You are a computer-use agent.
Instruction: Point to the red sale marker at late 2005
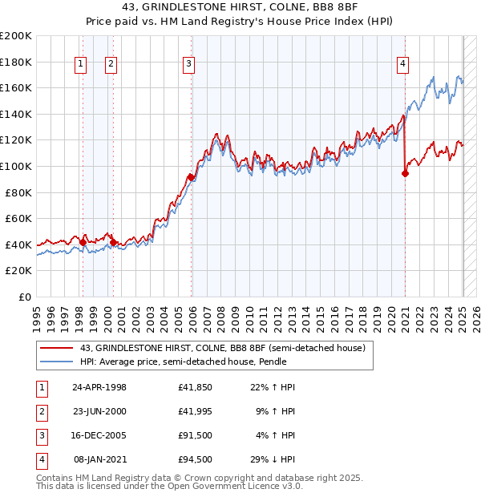(191, 177)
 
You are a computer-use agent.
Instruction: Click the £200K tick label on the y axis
(15, 36)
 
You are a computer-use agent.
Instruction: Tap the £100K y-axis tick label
(15, 166)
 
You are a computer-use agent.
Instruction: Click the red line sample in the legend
(57, 348)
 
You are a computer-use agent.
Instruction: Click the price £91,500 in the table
(196, 435)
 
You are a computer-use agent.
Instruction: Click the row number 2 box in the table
(39, 411)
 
